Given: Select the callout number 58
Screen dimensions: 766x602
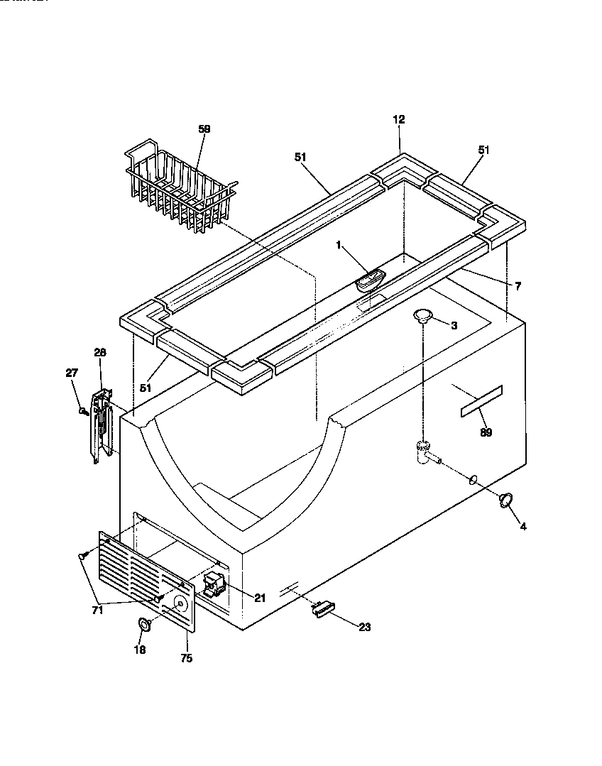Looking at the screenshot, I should tap(204, 129).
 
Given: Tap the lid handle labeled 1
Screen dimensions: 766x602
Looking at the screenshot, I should tap(369, 280).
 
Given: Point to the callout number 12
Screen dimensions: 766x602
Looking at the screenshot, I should tap(398, 120).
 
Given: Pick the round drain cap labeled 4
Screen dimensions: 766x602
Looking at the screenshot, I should tap(506, 500).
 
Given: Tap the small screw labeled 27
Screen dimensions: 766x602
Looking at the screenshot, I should tap(84, 410).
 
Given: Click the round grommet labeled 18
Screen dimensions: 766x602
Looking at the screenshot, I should tap(143, 625).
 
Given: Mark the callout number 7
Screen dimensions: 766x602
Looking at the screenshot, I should tap(518, 286).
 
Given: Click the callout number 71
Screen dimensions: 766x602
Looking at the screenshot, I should tap(97, 609).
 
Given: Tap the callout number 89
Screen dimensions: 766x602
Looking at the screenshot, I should tap(486, 432).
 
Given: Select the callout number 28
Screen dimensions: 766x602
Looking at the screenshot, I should tap(99, 352).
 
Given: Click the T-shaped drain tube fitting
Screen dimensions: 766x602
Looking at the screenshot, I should tap(424, 454).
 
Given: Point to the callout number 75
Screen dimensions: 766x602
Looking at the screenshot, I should tap(185, 658).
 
